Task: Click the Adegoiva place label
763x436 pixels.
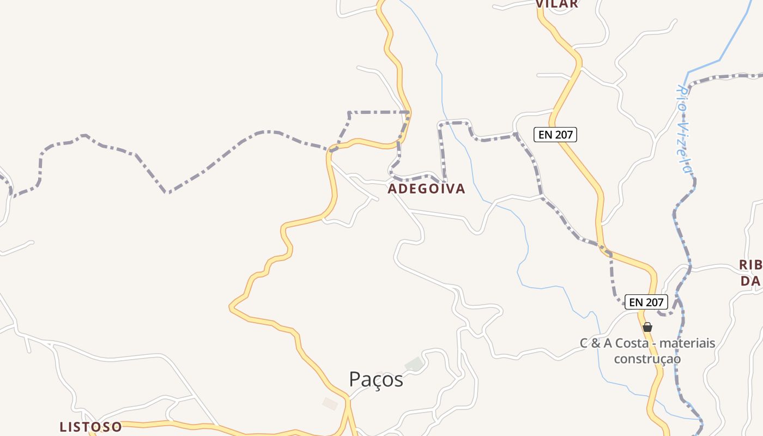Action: pos(426,189)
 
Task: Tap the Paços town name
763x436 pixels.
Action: pos(376,379)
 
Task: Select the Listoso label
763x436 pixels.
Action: pos(90,426)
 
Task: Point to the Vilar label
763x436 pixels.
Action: pos(556,4)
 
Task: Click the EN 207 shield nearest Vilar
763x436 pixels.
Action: pos(555,135)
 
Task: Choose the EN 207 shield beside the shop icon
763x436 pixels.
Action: pos(646,302)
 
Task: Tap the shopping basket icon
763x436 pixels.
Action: pos(647,327)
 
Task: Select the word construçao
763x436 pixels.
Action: pos(647,359)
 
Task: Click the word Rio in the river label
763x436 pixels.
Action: pos(681,98)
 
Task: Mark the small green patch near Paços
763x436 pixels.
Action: pos(414,364)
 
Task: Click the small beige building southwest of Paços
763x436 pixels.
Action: pos(330,403)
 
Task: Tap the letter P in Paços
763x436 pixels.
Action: pos(355,379)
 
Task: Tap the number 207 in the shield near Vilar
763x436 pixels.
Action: pos(563,135)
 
